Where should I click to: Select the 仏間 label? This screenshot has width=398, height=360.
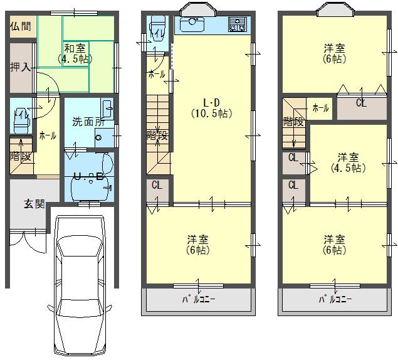tap(20, 26)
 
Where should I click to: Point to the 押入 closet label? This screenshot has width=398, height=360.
tap(20, 66)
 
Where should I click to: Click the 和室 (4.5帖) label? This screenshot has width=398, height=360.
tap(74, 53)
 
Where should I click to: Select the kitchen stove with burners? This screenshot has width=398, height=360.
tap(238, 25)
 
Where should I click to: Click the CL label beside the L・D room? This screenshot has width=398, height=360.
tap(157, 186)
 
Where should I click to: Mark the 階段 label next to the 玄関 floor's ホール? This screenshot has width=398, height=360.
tap(20, 157)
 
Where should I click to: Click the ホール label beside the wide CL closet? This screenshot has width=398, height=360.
tap(320, 108)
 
